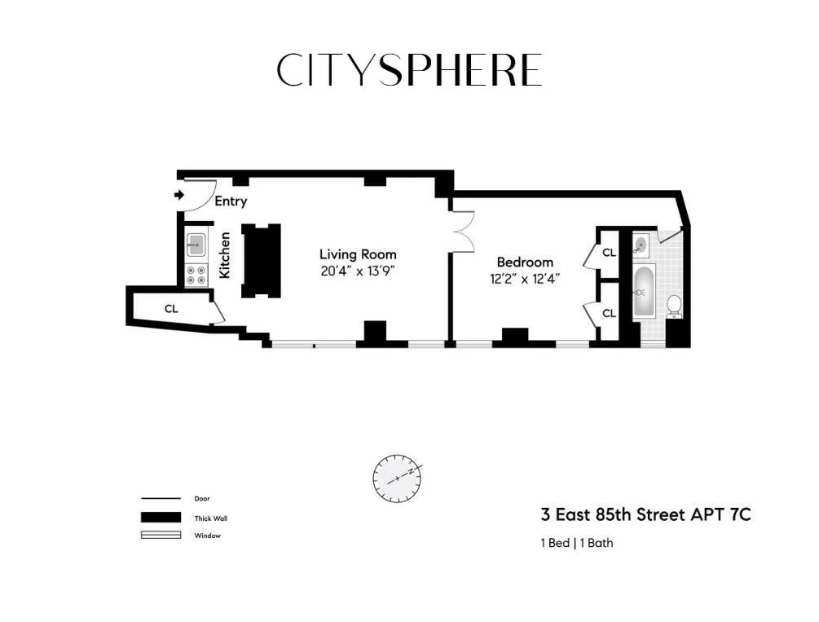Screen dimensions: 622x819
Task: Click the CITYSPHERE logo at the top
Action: (x=409, y=70)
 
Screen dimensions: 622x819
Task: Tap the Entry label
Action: (x=231, y=201)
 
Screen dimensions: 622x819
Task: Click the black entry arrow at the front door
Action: (x=179, y=195)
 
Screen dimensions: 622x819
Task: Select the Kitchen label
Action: (x=225, y=255)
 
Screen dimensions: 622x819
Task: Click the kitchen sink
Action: (x=196, y=242)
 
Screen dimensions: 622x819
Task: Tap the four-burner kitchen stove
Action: (x=196, y=275)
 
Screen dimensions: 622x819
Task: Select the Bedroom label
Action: (x=525, y=262)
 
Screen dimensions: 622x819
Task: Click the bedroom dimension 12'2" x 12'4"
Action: (x=525, y=278)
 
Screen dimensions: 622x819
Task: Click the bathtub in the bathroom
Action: (x=644, y=292)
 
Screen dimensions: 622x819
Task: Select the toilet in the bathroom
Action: (x=674, y=305)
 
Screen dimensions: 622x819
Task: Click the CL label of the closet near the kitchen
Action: (x=171, y=309)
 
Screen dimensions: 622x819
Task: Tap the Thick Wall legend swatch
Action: (x=161, y=518)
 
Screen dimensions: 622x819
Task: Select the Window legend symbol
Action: (x=161, y=536)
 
